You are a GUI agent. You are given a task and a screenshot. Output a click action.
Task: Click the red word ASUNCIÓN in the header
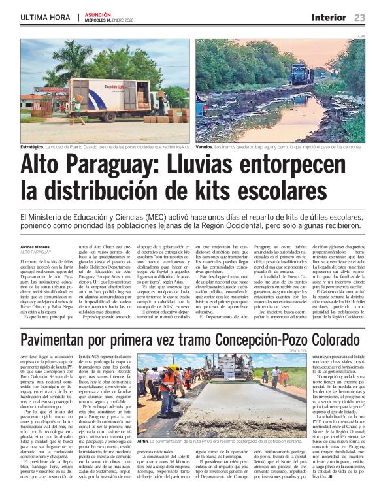(x=98, y=13)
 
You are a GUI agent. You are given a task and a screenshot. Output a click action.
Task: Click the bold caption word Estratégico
(x=35, y=148)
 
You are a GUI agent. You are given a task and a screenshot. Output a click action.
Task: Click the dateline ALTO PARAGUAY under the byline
(x=35, y=252)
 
